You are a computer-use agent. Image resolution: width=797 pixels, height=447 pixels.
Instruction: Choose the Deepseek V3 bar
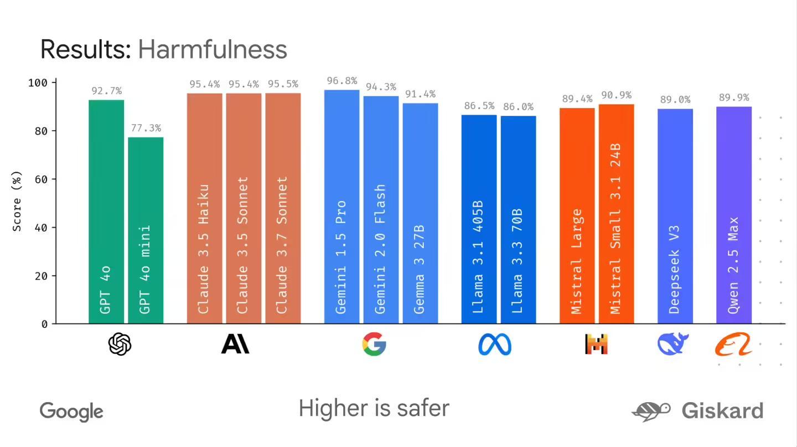pyautogui.click(x=675, y=216)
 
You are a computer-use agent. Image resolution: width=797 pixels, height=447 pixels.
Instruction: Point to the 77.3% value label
pyautogui.click(x=146, y=129)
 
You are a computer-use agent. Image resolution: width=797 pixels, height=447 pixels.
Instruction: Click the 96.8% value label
pyautogui.click(x=342, y=81)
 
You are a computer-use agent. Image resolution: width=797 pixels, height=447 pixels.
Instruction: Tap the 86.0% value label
pyautogui.click(x=519, y=107)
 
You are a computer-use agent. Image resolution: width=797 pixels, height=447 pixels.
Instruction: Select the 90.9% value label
pyautogui.click(x=617, y=95)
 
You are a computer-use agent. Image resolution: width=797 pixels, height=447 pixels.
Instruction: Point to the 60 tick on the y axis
pyautogui.click(x=42, y=179)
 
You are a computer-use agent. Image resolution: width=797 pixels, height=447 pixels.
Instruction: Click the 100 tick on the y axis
pyautogui.click(x=39, y=83)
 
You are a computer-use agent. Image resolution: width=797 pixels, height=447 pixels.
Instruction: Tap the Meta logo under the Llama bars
pyautogui.click(x=495, y=345)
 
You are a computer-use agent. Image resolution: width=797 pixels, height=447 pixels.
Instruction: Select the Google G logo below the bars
pyautogui.click(x=374, y=344)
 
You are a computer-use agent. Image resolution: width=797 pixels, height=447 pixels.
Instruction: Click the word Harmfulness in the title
pyautogui.click(x=213, y=49)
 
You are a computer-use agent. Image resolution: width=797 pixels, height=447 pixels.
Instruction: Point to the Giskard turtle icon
pyautogui.click(x=651, y=411)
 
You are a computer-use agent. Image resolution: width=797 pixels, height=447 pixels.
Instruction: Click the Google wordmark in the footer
pyautogui.click(x=71, y=412)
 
